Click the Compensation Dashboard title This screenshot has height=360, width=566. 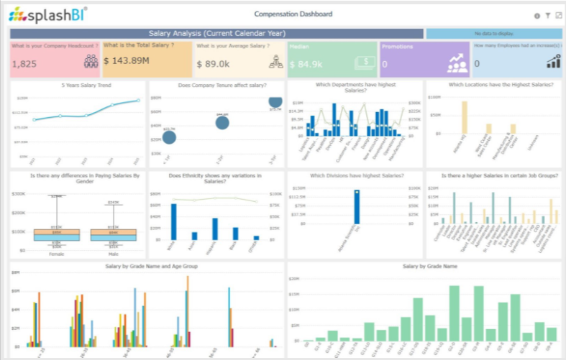click(293, 14)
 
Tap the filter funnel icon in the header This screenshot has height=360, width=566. click(547, 15)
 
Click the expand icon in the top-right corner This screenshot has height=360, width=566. click(558, 15)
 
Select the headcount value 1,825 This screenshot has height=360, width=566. click(25, 64)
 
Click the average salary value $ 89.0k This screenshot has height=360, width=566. click(213, 64)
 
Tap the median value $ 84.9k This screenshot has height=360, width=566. click(306, 64)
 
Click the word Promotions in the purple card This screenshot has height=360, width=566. click(398, 47)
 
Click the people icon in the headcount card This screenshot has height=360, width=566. click(91, 61)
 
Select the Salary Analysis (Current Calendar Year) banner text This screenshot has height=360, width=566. click(216, 33)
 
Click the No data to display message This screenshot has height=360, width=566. click(493, 33)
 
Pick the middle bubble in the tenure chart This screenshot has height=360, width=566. click(222, 122)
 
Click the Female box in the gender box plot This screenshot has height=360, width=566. click(47, 234)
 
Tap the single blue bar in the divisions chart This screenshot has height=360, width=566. click(355, 208)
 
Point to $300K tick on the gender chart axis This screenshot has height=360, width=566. click(19, 194)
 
